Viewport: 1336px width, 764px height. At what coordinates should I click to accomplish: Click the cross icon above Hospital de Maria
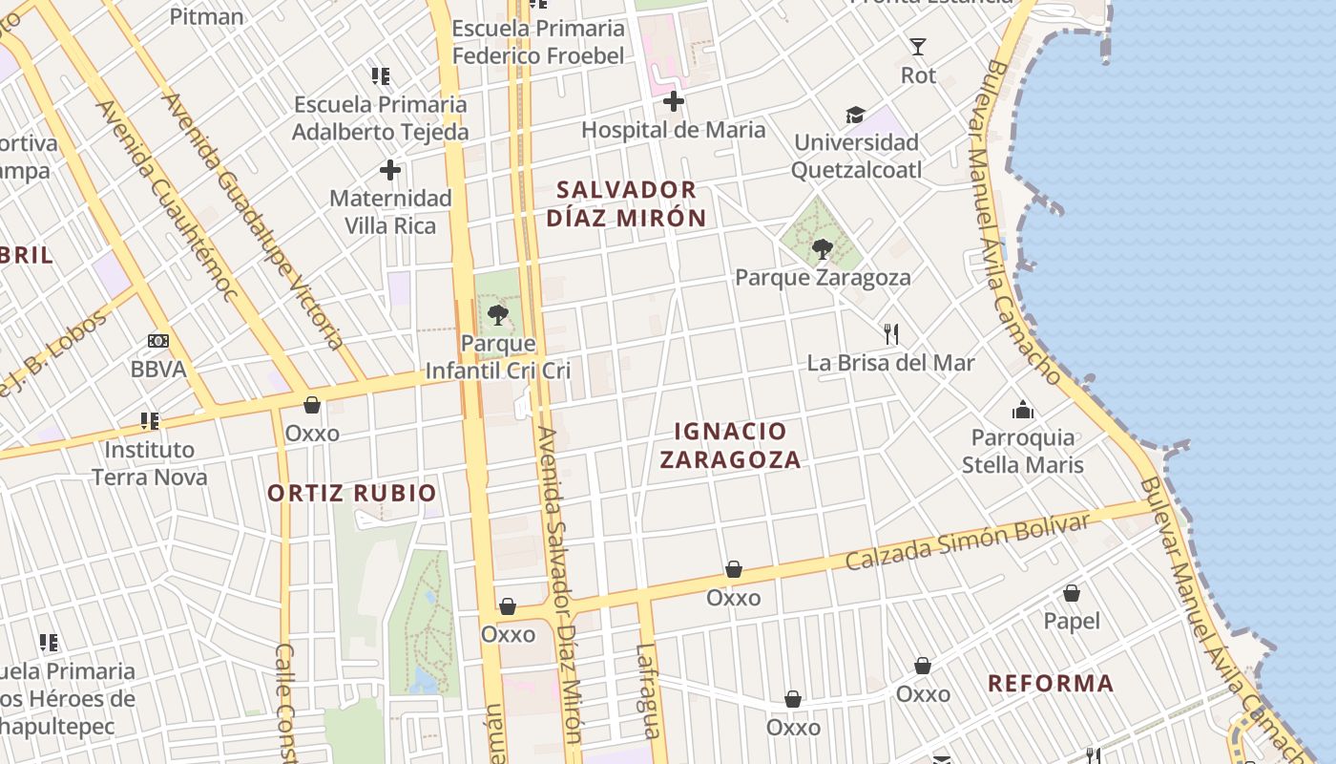(x=674, y=101)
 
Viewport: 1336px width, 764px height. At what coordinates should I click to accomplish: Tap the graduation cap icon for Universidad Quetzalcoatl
(x=855, y=116)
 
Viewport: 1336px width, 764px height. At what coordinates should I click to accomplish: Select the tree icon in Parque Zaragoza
(x=822, y=250)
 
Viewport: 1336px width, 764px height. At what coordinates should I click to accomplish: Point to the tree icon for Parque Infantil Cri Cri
(x=497, y=315)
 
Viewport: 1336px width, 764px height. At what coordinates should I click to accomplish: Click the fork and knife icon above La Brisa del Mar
(x=891, y=334)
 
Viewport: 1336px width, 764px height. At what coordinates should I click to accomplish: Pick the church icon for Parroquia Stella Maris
(x=1023, y=411)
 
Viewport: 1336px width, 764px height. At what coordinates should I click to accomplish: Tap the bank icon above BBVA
(x=158, y=341)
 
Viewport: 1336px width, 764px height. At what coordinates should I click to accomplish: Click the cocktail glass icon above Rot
(x=918, y=47)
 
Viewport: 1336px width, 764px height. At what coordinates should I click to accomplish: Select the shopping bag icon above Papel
(x=1072, y=593)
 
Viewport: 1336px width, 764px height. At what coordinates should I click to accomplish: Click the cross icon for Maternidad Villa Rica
(x=390, y=171)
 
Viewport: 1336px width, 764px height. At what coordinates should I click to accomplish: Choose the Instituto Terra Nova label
(x=149, y=462)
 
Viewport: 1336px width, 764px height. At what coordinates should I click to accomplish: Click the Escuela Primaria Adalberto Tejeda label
(x=380, y=117)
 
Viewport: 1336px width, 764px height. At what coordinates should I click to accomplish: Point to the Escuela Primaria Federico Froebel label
(x=538, y=42)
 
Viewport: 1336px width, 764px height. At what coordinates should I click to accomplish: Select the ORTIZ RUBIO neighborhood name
(x=351, y=493)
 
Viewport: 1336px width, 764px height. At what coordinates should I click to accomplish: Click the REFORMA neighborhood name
(x=1051, y=683)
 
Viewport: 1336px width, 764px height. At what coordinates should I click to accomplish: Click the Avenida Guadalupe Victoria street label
(x=252, y=220)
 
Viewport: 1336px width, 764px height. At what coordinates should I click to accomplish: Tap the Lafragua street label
(x=647, y=691)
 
